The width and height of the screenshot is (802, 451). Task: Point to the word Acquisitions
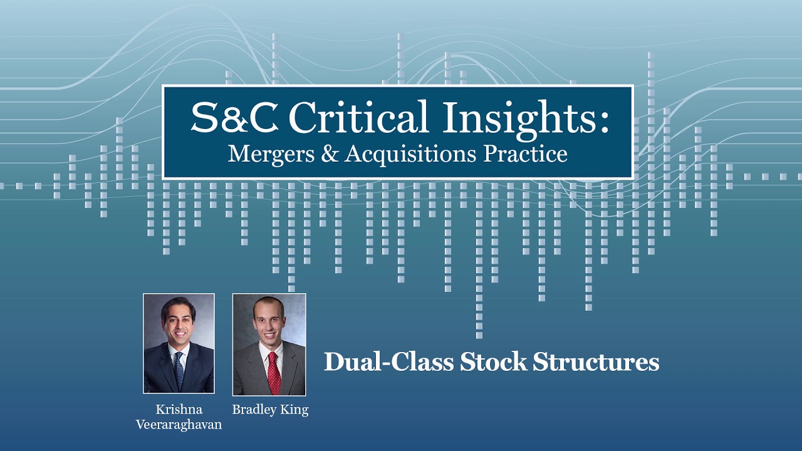pyautogui.click(x=409, y=153)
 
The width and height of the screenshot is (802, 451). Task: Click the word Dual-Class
pyautogui.click(x=388, y=362)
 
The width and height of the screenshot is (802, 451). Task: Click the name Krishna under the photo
pyautogui.click(x=179, y=410)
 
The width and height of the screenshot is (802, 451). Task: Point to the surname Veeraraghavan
pyautogui.click(x=179, y=425)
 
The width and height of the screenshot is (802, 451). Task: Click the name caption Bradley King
pyautogui.click(x=270, y=410)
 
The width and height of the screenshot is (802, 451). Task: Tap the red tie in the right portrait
pyautogui.click(x=274, y=373)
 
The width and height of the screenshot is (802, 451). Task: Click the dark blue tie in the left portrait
pyautogui.click(x=180, y=370)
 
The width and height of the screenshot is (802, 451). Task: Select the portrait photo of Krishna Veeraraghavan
pyautogui.click(x=179, y=343)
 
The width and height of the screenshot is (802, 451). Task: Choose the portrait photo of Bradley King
pyautogui.click(x=269, y=345)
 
